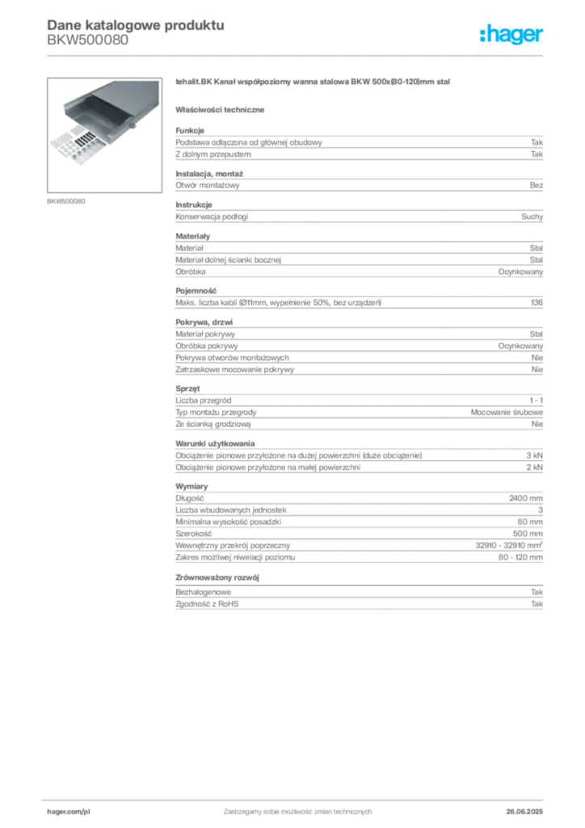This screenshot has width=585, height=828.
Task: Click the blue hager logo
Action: tap(512, 36)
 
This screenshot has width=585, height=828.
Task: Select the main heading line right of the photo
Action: tap(311, 83)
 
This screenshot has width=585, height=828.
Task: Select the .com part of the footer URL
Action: tap(73, 810)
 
